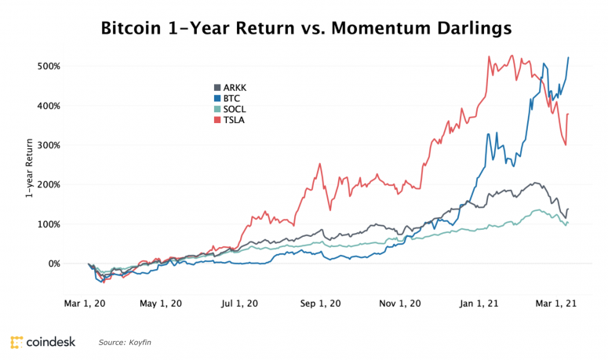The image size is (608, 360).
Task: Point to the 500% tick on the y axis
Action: (48, 66)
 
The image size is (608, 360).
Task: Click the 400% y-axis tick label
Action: (48, 105)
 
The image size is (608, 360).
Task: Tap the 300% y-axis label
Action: (48, 145)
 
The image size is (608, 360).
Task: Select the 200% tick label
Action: (48, 184)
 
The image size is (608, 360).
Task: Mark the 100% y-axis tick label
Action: (48, 224)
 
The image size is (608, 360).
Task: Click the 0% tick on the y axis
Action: (52, 264)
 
